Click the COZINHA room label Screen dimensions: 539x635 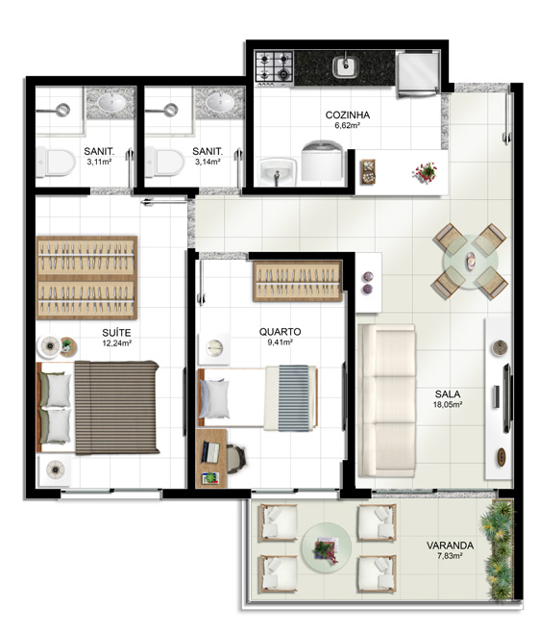click(x=348, y=115)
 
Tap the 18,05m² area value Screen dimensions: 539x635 click(x=448, y=404)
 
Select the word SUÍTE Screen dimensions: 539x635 click(x=116, y=333)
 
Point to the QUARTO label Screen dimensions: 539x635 click(x=280, y=332)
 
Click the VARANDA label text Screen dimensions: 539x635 click(x=450, y=546)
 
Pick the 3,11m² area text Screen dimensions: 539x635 click(x=99, y=162)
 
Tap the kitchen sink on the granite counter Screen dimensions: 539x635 click(x=345, y=67)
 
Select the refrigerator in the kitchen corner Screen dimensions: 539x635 click(x=418, y=73)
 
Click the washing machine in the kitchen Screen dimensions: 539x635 click(x=322, y=161)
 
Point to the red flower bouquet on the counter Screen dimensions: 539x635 click(x=425, y=172)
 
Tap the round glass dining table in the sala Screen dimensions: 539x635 click(x=470, y=261)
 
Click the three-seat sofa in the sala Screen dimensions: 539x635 click(x=387, y=400)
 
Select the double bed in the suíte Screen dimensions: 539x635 click(x=98, y=407)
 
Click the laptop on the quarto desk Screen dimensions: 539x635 click(x=210, y=452)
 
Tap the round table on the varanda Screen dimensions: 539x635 click(x=327, y=546)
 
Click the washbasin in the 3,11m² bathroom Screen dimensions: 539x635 click(x=111, y=102)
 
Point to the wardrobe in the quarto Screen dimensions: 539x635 click(x=298, y=281)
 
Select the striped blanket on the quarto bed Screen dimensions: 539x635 click(x=293, y=397)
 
